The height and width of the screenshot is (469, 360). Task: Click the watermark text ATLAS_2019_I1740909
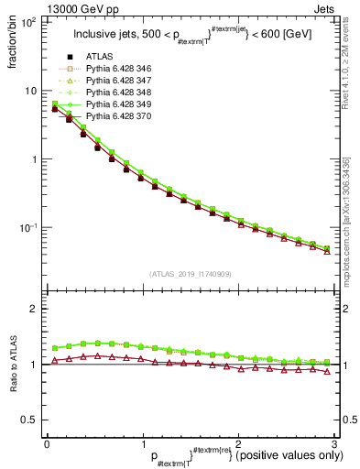click(190, 273)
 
